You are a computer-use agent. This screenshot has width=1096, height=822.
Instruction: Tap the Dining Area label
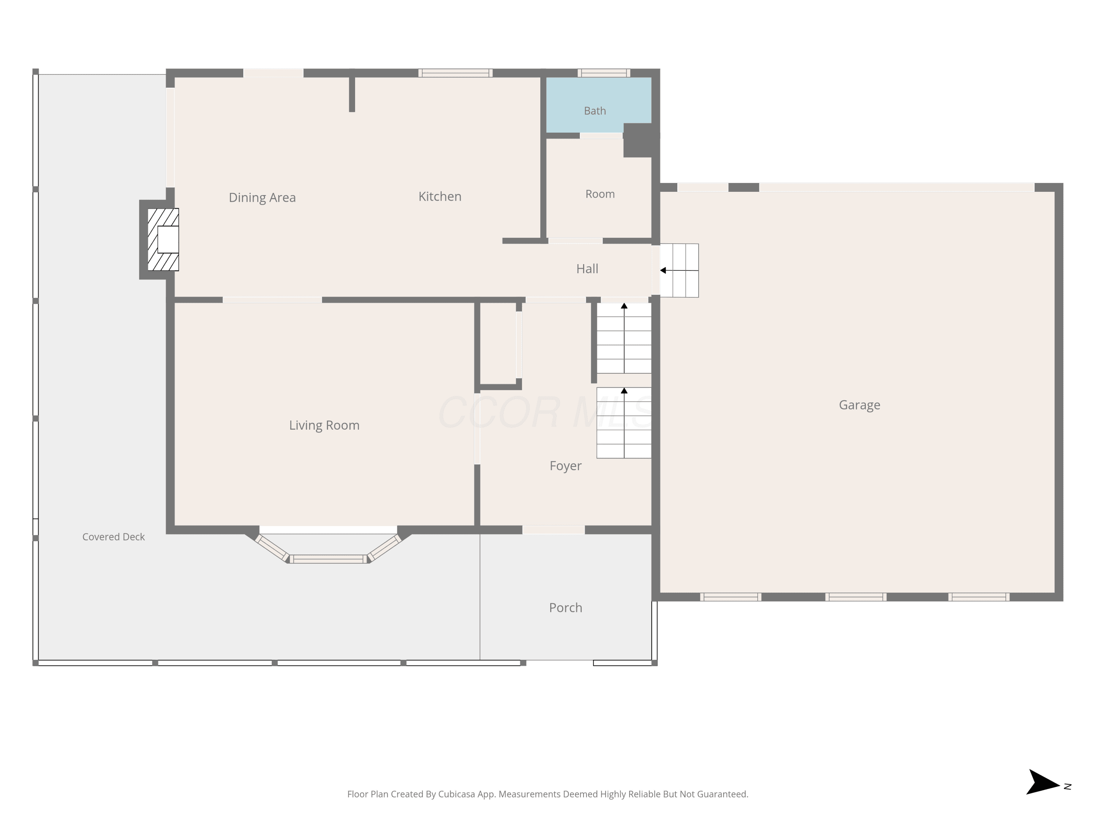tap(262, 198)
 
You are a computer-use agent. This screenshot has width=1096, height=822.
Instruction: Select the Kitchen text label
tap(440, 196)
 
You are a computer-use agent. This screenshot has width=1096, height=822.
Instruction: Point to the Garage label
tap(859, 405)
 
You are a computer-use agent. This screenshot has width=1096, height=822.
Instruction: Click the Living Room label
tap(324, 425)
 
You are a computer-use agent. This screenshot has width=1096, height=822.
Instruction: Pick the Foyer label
tap(565, 466)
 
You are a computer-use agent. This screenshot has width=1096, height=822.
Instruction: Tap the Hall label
tap(587, 269)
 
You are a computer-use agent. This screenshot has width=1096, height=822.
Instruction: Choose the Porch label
tap(565, 608)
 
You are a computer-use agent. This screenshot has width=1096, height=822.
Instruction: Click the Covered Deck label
tap(114, 537)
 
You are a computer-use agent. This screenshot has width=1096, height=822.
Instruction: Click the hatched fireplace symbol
tap(163, 239)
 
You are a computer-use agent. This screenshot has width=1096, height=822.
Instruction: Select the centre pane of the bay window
tap(328, 559)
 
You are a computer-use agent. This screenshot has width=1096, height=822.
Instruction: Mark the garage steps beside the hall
tap(679, 271)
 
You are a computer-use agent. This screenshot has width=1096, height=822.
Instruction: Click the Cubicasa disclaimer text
tap(548, 794)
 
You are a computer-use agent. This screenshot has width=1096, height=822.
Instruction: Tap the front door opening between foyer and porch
tap(553, 530)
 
